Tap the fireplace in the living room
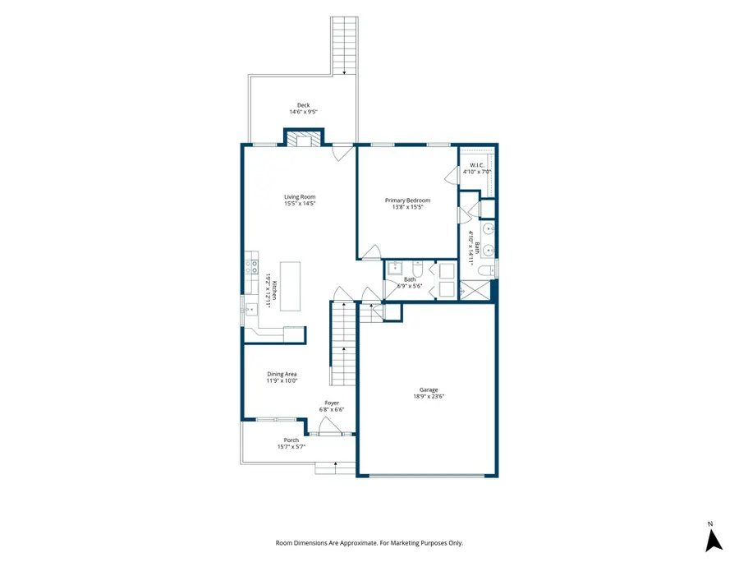point(304,139)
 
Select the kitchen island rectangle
point(291,286)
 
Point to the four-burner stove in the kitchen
point(251,267)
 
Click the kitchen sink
point(250,309)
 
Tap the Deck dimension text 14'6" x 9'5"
point(304,113)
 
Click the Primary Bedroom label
point(407,200)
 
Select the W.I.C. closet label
point(477,165)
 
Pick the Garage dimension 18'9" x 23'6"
point(429,397)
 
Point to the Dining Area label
point(282,374)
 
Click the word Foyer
point(332,403)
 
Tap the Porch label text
point(291,440)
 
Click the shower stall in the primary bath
point(475,289)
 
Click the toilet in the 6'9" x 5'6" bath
point(418,269)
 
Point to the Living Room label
point(300,196)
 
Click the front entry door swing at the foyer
point(329,426)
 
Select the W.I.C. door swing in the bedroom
point(452,176)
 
